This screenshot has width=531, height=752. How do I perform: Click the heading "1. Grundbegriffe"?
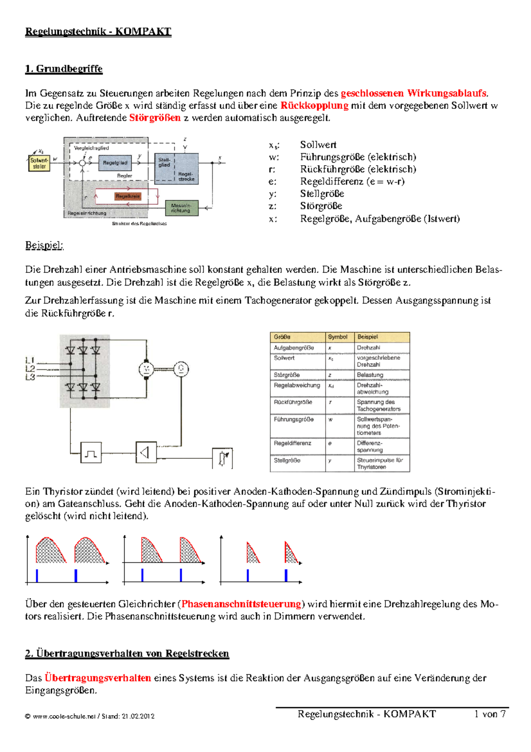point(64,69)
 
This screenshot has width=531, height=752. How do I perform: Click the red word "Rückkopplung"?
point(314,105)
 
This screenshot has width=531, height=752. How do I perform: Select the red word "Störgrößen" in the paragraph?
point(155,118)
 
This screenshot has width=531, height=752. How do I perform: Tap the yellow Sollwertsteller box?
point(39,163)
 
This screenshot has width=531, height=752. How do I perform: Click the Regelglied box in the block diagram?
point(115,163)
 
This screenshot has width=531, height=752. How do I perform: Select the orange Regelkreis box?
point(127,196)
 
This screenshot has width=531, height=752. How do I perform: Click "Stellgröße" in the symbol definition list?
point(322,194)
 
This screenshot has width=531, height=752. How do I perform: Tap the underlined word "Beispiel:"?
point(44,245)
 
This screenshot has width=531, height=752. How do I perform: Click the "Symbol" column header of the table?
point(338,337)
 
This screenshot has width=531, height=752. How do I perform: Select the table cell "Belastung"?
point(370,375)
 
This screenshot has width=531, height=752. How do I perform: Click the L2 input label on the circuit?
point(30,368)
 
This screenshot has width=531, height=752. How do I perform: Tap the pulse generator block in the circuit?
point(91,453)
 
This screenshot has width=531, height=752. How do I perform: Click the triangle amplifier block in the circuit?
point(146,452)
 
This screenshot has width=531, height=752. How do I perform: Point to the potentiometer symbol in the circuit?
point(223,458)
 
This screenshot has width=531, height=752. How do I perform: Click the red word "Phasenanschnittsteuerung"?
point(241,604)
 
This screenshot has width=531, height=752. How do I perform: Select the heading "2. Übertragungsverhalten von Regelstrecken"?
point(127,654)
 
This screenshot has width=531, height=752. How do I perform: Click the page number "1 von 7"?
point(490,714)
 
